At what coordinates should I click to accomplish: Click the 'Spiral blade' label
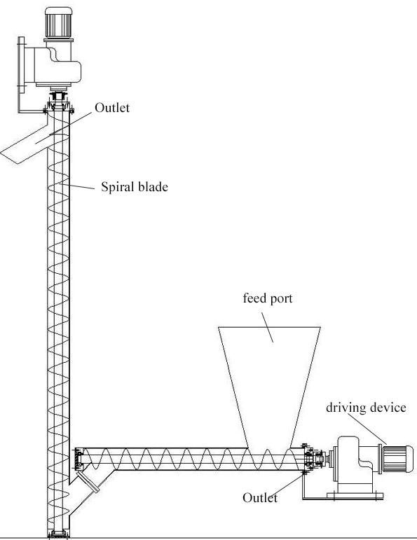tap(135, 187)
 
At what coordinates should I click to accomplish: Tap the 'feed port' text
tap(268, 298)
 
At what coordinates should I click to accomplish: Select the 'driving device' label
tap(366, 408)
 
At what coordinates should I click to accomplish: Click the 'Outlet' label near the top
tap(112, 108)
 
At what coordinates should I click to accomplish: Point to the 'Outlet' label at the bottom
tap(260, 498)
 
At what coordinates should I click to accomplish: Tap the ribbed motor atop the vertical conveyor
tap(58, 22)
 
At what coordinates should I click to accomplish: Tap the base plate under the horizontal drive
tap(355, 497)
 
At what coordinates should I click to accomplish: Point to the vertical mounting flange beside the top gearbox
tap(21, 64)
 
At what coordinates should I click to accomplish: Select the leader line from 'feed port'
tap(268, 327)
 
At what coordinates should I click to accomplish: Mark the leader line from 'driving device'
tap(367, 429)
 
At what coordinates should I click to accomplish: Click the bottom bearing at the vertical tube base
tap(58, 534)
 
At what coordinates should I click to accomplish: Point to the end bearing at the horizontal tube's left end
tap(79, 459)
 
